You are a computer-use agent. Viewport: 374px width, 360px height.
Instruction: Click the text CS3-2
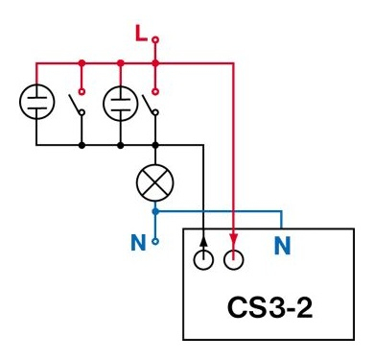tap(268, 309)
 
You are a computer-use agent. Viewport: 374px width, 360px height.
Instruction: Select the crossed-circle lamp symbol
tap(155, 180)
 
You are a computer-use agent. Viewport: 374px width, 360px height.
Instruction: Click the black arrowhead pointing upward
tap(203, 237)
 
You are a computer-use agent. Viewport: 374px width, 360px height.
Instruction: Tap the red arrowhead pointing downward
tap(234, 237)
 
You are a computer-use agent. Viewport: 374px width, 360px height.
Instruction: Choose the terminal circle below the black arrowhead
tap(203, 259)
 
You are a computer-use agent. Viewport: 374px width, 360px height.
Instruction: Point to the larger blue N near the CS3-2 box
tap(283, 246)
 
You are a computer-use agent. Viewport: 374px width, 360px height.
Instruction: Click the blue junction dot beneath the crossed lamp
tap(156, 210)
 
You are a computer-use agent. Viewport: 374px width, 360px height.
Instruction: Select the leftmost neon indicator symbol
tap(35, 102)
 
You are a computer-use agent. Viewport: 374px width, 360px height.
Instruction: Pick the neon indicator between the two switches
tap(120, 102)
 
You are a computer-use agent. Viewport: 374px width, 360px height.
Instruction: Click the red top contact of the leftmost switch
tap(82, 92)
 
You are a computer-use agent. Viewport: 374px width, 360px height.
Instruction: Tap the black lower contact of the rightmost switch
tap(155, 112)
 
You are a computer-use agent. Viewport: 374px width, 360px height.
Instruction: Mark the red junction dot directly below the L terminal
tap(156, 62)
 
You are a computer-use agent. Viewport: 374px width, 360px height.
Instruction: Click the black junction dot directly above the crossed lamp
tap(156, 145)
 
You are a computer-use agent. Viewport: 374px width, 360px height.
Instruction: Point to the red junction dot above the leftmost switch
tap(82, 62)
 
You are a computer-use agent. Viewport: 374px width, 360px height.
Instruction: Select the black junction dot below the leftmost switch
tap(82, 145)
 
